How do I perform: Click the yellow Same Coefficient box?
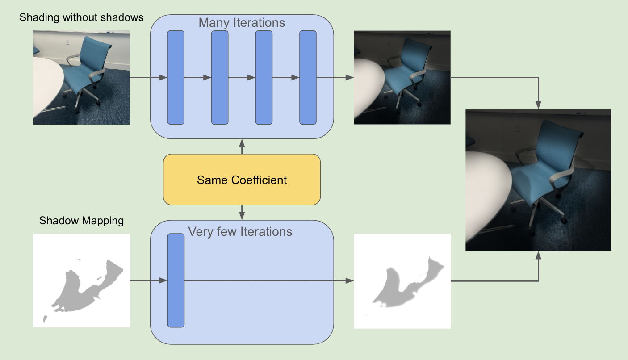click(242, 180)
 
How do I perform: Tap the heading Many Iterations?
click(242, 22)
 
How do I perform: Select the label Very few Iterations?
click(240, 232)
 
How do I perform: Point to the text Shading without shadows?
click(82, 17)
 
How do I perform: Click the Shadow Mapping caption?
click(81, 221)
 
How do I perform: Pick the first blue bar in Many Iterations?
click(176, 77)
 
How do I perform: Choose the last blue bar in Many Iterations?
click(308, 77)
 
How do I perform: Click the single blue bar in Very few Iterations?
click(176, 280)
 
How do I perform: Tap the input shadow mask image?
click(81, 280)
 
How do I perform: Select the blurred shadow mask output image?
click(402, 281)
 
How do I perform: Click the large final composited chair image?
click(538, 180)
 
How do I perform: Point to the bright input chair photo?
click(81, 77)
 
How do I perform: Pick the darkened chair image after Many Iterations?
click(402, 77)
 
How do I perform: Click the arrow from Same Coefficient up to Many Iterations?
click(242, 146)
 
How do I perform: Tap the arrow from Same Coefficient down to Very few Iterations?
click(242, 212)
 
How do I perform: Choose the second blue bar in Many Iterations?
click(220, 77)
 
